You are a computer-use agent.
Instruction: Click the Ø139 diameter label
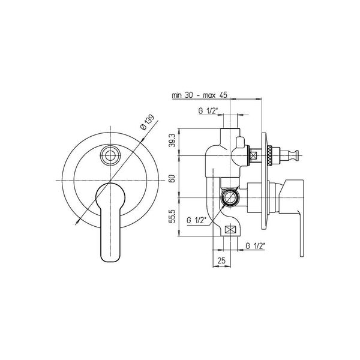(147, 122)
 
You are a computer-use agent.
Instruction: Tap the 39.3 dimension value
(173, 140)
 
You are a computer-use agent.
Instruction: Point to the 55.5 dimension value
(173, 216)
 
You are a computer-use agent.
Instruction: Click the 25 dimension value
(221, 260)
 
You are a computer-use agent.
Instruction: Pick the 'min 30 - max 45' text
(200, 95)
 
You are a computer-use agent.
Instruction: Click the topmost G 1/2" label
(208, 111)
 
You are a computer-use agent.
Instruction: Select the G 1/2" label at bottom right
(256, 246)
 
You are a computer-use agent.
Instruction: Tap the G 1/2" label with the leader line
(197, 220)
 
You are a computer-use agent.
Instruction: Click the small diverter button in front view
(110, 155)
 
